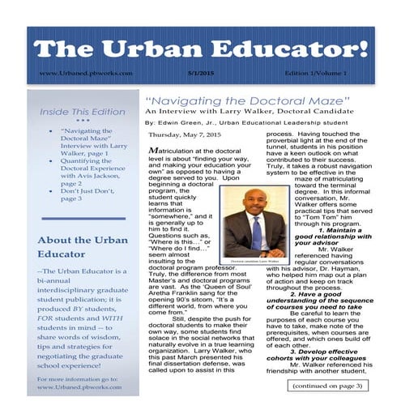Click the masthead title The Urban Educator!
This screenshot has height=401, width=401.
tap(200, 49)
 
